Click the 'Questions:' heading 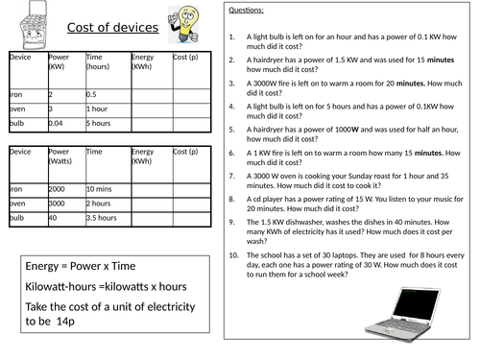pos(248,12)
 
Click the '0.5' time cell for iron pos(92,94)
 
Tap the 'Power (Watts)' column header pos(60,156)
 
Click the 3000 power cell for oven pos(58,204)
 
